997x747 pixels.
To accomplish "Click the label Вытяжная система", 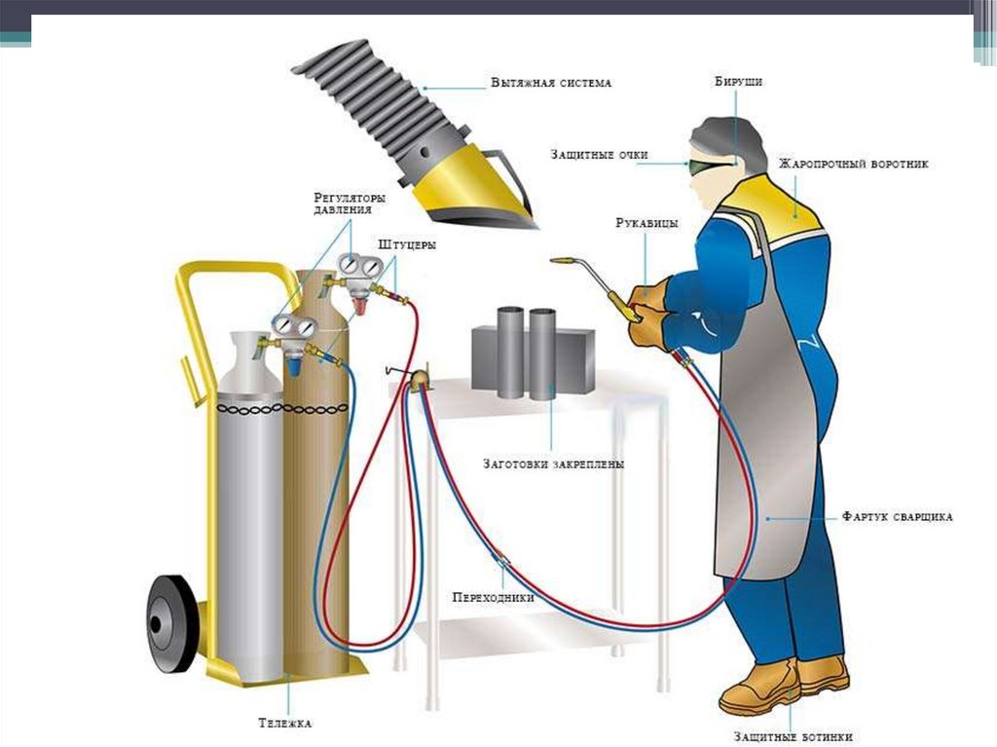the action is [550, 84].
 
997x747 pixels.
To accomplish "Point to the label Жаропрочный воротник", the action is [853, 164].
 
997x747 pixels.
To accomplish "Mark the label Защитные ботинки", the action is [796, 737].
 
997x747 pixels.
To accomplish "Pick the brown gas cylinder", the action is [316, 487].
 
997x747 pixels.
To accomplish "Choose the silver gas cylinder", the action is [247, 506].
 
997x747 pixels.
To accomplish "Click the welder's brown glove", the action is [647, 312].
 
